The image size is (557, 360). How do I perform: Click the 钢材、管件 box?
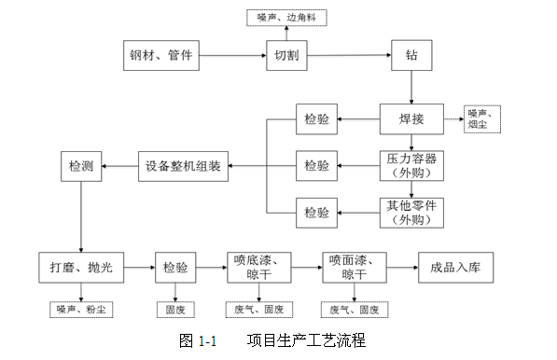(161, 55)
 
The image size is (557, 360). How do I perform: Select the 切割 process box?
(287, 55)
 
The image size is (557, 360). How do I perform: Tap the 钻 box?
(411, 55)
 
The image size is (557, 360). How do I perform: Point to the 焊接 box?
(411, 119)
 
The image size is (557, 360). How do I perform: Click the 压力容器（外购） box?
(411, 165)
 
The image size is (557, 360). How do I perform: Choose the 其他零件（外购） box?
(411, 213)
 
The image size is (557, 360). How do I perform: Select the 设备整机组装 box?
(183, 166)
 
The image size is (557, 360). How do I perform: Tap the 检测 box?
(80, 166)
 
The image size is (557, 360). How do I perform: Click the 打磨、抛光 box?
(80, 268)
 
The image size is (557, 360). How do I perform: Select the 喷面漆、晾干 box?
(354, 268)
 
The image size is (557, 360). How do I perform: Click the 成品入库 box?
(454, 268)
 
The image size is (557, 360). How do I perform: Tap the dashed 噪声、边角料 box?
(286, 17)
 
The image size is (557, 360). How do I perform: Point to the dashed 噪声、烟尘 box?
(483, 119)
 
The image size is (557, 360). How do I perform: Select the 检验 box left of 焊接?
(316, 119)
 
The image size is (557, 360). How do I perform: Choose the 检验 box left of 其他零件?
(316, 213)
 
